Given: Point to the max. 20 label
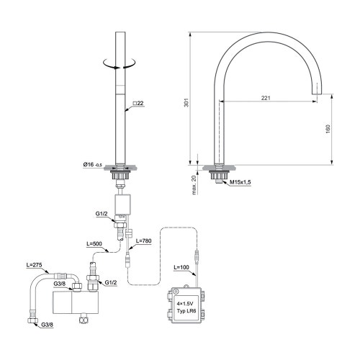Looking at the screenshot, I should [194, 186].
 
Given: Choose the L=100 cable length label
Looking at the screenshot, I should [182, 267].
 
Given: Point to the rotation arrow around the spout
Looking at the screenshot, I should [120, 66].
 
